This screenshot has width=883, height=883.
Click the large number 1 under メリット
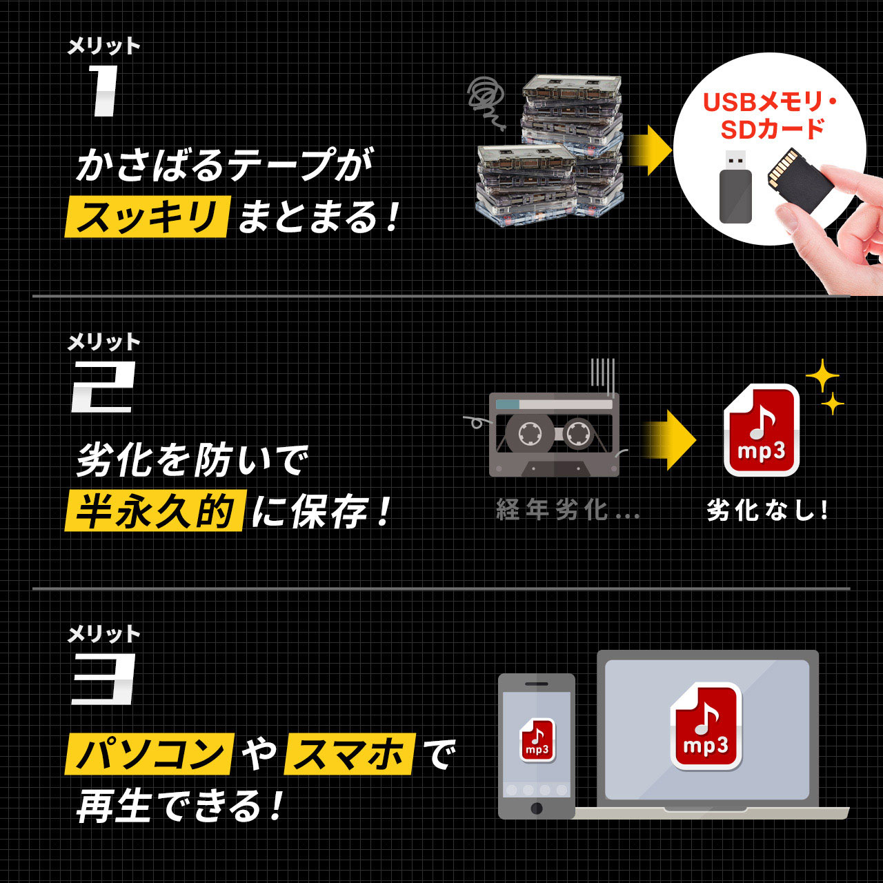click(x=103, y=91)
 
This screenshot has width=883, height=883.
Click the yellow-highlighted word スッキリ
click(x=146, y=217)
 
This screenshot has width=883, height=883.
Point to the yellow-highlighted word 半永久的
click(x=155, y=511)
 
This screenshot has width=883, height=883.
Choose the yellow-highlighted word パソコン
click(x=150, y=753)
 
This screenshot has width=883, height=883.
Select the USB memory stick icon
click(x=735, y=187)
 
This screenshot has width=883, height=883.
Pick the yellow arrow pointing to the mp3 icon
click(x=668, y=440)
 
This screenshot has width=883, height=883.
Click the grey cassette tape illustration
click(x=554, y=435)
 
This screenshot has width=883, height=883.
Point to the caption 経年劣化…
click(x=568, y=510)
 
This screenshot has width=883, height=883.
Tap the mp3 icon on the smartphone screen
click(x=537, y=740)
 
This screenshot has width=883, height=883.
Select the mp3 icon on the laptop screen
click(x=706, y=726)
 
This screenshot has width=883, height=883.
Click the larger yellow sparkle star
click(x=822, y=377)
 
